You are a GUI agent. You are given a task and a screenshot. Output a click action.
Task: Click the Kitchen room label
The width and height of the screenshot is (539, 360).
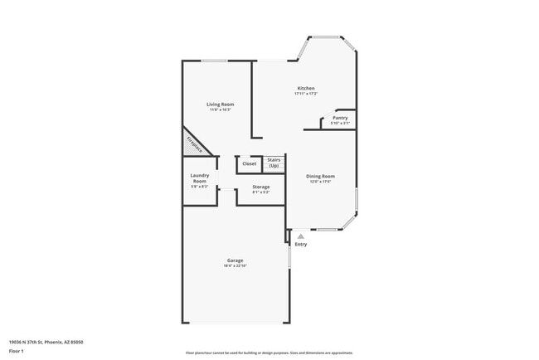pos(306,89)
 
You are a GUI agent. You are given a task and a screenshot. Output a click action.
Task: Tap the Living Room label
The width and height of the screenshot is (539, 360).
pos(221,105)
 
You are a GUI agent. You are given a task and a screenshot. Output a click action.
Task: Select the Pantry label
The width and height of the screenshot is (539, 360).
pos(340,118)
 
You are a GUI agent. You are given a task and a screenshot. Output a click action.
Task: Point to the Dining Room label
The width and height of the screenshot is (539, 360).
pos(320,176)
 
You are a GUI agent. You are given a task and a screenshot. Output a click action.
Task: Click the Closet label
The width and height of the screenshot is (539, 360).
pos(250,163)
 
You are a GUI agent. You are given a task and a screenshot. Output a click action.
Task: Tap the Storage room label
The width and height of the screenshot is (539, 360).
pos(261,187)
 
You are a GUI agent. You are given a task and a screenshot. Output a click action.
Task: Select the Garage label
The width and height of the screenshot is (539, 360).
pos(236,260)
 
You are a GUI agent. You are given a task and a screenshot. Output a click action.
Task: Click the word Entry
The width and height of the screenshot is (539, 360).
pos(301,244)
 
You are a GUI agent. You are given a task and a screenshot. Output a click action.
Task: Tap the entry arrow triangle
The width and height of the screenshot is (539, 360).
pos(301,236)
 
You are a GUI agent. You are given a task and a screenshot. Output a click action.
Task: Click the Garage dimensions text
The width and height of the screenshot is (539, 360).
pos(236,265)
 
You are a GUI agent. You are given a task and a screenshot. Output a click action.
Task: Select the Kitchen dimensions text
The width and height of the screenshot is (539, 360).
pos(306,94)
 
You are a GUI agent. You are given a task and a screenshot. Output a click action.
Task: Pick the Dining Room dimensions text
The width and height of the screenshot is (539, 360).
pos(320,181)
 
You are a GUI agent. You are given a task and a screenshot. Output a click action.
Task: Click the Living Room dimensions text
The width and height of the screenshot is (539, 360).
pos(221,109)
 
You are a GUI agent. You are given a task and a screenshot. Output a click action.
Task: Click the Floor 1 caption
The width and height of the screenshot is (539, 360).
pos(17,352)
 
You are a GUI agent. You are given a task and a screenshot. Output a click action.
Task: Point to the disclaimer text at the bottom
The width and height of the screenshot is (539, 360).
pos(269,353)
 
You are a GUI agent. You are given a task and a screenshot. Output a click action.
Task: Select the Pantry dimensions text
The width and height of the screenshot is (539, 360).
pos(340,123)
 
